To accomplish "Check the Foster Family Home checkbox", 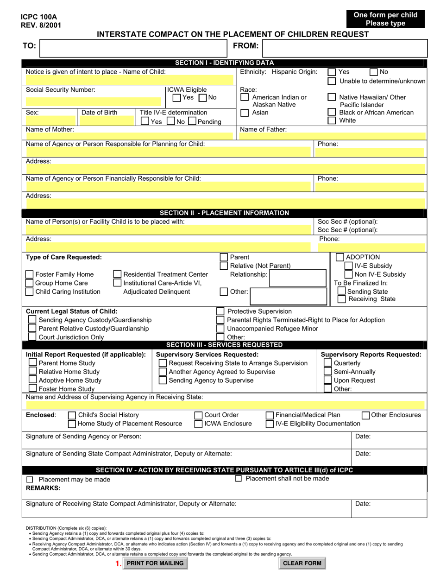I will [x=29, y=274].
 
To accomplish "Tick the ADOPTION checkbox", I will [x=339, y=257].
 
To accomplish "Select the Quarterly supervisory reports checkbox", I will [x=327, y=363].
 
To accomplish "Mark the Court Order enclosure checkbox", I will [x=198, y=415].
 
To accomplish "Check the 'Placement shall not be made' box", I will [x=239, y=479].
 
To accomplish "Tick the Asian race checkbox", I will [x=245, y=113].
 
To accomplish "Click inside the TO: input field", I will [x=133, y=48].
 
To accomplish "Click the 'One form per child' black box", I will [x=385, y=19].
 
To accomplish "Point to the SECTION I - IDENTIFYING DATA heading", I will [x=224, y=63].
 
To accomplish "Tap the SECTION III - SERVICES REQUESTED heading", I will [x=224, y=345].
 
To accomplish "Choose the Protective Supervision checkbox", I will [x=221, y=311].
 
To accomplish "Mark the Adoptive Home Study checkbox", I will [x=32, y=380].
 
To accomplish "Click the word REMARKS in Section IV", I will [x=43, y=488].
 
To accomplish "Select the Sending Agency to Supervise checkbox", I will [x=163, y=380].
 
